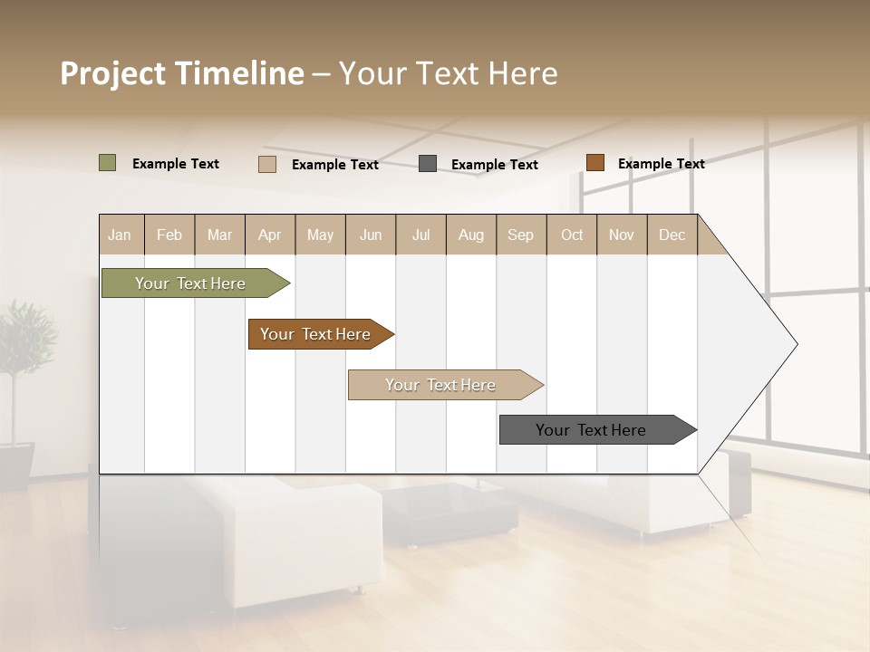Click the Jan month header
pos(120,235)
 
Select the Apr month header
pos(270,235)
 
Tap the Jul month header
pos(420,235)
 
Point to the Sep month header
pos(520,235)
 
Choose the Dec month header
pos(672,235)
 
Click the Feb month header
pos(169,235)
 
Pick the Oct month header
pos(572,235)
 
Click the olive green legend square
pos(107,163)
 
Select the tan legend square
pos(267,164)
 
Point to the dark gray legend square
pos(428,163)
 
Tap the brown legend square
pos(594,163)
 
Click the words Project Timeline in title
pos(181,73)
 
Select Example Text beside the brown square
pos(661,164)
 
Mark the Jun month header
pos(371,235)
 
